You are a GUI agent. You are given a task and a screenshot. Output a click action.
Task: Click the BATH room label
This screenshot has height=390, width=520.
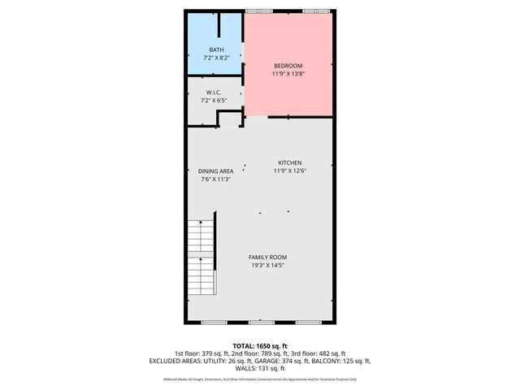tap(216, 50)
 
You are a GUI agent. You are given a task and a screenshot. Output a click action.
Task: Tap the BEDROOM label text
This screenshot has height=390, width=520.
tap(288, 66)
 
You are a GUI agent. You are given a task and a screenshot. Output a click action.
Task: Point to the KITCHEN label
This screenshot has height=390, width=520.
tap(289, 162)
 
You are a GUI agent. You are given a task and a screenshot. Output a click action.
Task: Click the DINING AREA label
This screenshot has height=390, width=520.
tap(216, 171)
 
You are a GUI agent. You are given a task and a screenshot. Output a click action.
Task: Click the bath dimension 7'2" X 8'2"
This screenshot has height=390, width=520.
tap(216, 58)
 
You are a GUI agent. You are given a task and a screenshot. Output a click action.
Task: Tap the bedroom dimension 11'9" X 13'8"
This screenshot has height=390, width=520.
tap(288, 74)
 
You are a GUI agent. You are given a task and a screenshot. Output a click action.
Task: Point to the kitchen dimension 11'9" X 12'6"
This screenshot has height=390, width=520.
tap(289, 171)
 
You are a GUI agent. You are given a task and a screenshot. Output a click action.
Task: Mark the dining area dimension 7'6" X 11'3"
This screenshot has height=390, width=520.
tap(216, 179)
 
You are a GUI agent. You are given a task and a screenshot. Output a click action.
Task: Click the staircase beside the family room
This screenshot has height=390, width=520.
tap(201, 257)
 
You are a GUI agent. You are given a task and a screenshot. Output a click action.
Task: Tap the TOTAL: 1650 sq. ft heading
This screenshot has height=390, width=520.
tap(260, 345)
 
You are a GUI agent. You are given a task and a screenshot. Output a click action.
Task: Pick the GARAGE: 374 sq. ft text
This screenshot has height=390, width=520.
tap(281, 361)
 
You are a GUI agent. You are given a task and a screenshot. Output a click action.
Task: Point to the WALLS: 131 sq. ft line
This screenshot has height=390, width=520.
tap(260, 368)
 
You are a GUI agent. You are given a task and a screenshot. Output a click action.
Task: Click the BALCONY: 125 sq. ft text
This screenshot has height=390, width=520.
tap(344, 361)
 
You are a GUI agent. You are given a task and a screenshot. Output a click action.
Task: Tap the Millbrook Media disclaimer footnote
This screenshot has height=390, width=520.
tap(260, 379)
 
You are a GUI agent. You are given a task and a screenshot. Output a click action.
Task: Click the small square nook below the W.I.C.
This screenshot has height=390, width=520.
tap(230, 119)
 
